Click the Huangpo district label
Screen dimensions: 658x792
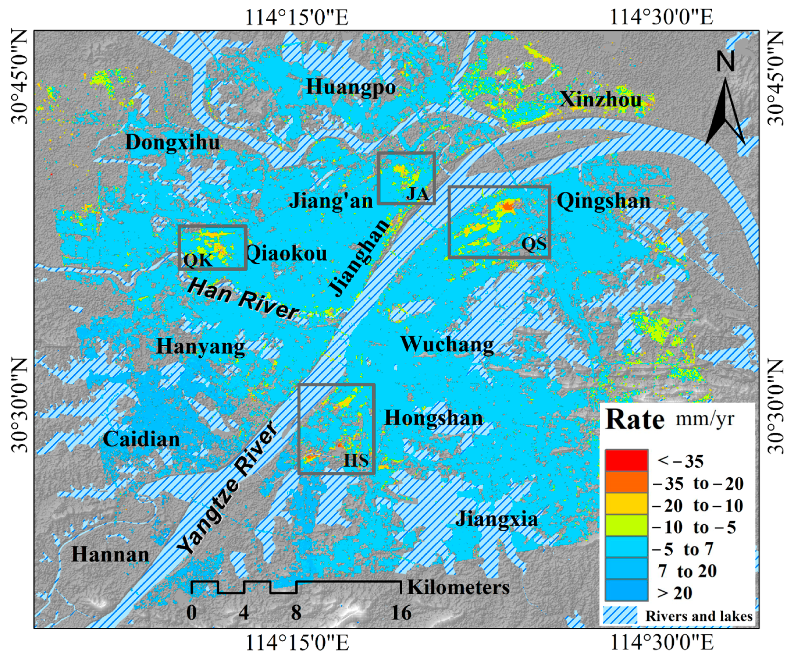[351, 87]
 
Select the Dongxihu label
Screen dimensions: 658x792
[172, 142]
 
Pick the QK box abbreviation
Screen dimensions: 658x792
[198, 260]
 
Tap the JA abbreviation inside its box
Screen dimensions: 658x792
[417, 195]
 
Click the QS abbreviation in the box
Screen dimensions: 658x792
[534, 244]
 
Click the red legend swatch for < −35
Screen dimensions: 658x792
[626, 460]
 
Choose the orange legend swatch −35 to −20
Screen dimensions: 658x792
[626, 482]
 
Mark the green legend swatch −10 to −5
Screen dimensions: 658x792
[626, 526]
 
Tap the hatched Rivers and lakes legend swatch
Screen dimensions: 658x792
[620, 616]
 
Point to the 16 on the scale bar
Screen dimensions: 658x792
[401, 613]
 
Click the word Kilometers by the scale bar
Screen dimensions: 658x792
[458, 588]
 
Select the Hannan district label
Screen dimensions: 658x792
[111, 555]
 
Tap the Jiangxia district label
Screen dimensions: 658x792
[496, 519]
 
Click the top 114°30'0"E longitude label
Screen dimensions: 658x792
[661, 17]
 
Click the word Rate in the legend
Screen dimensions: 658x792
[635, 420]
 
